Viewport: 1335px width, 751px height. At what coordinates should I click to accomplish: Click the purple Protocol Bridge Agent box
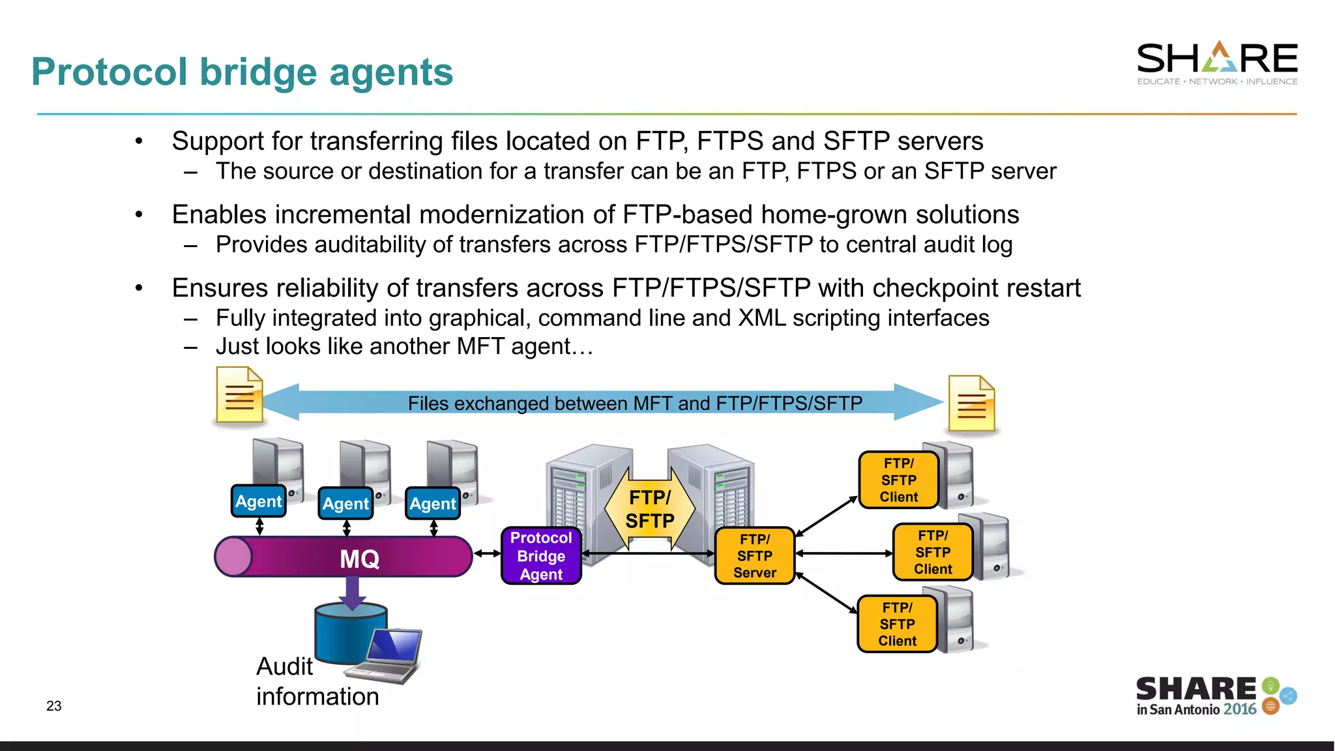click(x=541, y=555)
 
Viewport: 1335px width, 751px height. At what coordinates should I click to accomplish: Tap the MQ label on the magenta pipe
click(x=359, y=559)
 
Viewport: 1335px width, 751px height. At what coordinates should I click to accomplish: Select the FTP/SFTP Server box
click(x=754, y=555)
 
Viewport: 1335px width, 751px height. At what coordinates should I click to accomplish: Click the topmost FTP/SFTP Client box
click(x=898, y=480)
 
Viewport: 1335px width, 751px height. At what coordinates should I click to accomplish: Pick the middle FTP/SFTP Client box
click(x=932, y=552)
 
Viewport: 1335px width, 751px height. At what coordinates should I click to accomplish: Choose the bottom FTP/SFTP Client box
click(x=897, y=624)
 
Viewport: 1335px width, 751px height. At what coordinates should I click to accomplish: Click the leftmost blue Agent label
click(x=258, y=501)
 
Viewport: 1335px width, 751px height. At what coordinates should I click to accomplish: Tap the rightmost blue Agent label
click(x=432, y=503)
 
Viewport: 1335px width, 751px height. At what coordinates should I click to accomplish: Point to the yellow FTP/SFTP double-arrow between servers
click(x=649, y=509)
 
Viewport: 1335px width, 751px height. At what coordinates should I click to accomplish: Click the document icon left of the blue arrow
click(x=239, y=395)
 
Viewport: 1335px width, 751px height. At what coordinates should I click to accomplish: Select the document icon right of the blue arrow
click(x=971, y=404)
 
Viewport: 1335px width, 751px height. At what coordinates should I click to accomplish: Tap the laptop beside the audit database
click(x=389, y=655)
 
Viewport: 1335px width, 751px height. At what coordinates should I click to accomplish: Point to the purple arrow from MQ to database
click(x=352, y=592)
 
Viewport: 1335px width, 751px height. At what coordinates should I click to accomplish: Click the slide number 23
click(x=53, y=706)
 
